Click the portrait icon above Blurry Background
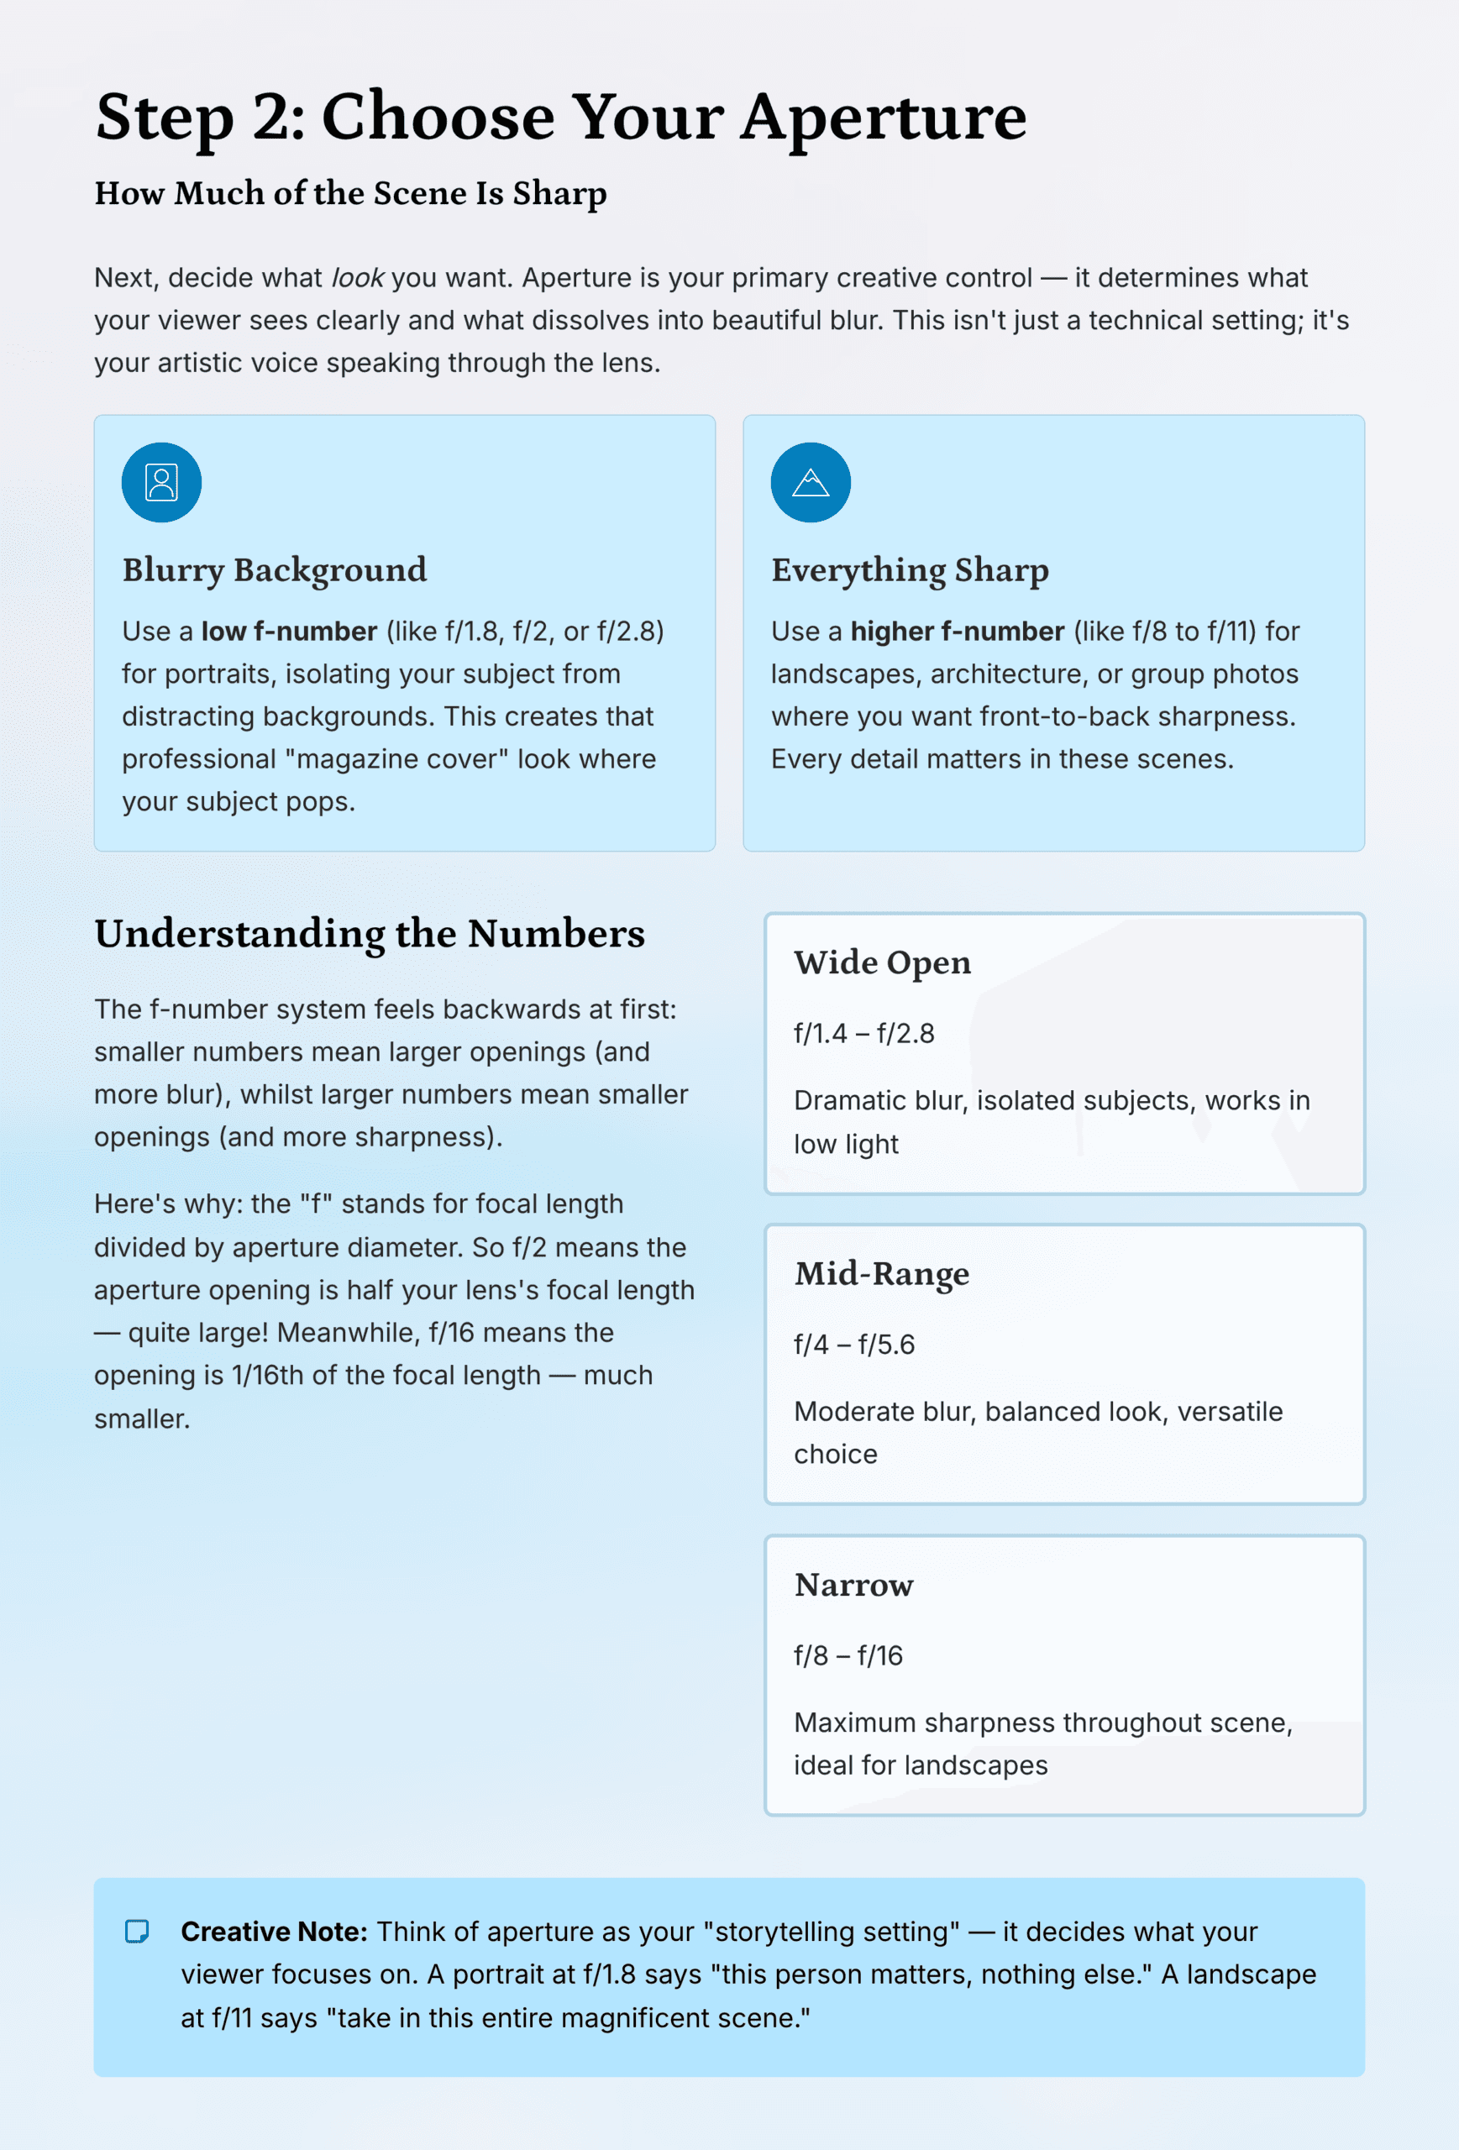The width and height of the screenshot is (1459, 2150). [162, 483]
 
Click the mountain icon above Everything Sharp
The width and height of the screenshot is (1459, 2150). [811, 483]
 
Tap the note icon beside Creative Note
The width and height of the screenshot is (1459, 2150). [137, 1932]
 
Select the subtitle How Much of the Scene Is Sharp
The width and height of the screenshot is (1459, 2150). [350, 193]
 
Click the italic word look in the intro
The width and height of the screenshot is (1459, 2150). [357, 277]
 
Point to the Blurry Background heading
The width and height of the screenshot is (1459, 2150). [275, 570]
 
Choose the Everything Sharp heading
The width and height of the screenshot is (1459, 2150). [910, 570]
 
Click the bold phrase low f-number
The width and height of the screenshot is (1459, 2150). [290, 632]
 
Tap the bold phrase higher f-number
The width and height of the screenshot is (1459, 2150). [958, 632]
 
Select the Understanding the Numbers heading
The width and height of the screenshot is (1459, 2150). [369, 933]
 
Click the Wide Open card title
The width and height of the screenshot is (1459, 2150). [882, 963]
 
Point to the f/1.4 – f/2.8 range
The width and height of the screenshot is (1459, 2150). [864, 1033]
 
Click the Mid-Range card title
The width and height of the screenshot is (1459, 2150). [882, 1274]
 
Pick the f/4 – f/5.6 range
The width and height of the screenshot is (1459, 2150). [854, 1345]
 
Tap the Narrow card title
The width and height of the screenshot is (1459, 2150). [853, 1585]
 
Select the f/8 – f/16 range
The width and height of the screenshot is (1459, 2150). [848, 1655]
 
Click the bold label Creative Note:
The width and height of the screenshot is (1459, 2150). [274, 1932]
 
